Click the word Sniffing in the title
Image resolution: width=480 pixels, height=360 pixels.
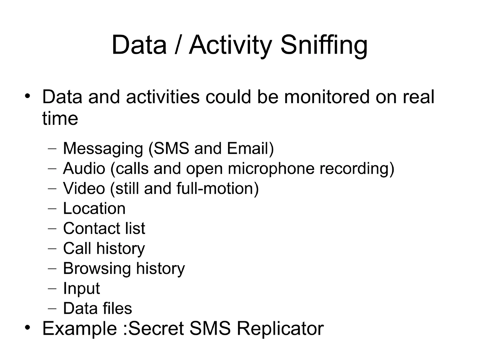(x=324, y=45)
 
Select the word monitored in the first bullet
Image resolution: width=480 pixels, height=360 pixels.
(x=327, y=97)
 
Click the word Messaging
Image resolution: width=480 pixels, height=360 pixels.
(x=103, y=148)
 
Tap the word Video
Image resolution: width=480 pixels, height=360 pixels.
(x=84, y=188)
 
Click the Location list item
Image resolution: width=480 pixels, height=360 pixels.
(x=94, y=208)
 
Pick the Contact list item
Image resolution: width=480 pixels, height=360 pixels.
(x=104, y=228)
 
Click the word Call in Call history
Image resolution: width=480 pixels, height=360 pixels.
(x=77, y=248)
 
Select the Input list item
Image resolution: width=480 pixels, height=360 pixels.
(x=81, y=289)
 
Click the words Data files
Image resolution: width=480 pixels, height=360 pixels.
(x=98, y=308)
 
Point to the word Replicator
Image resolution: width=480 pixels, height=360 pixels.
(x=280, y=328)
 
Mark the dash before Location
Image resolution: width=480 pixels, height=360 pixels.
(x=52, y=209)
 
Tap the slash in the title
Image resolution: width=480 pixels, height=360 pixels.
(x=177, y=45)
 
